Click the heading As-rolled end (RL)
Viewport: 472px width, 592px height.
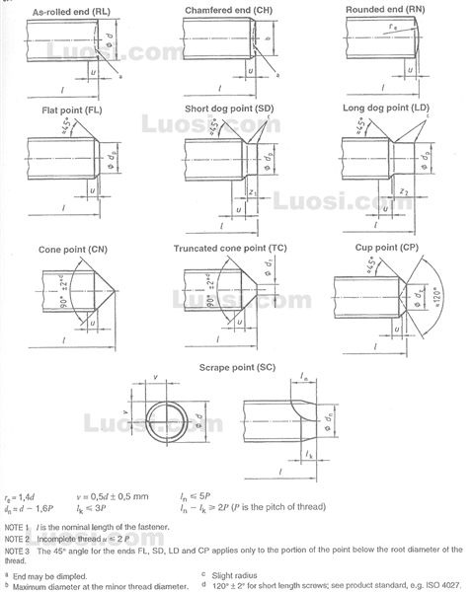[x=71, y=11]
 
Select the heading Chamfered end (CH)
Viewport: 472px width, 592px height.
[x=227, y=11]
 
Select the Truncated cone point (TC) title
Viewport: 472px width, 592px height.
[x=230, y=249]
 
